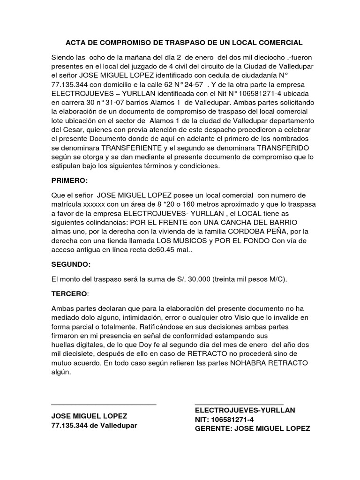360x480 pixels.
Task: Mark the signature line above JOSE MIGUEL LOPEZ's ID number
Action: pyautogui.click(x=104, y=404)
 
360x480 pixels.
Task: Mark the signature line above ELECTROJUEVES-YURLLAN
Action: pyautogui.click(x=239, y=404)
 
